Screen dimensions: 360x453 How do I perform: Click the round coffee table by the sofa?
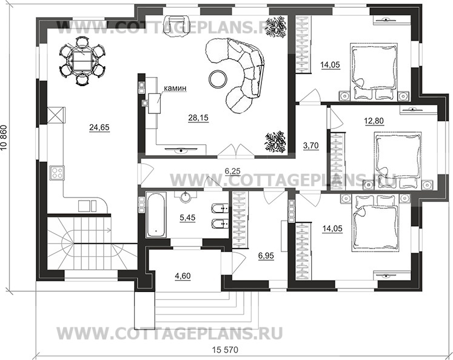coord(216,78)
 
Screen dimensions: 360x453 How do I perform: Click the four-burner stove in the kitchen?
coord(56,173)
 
